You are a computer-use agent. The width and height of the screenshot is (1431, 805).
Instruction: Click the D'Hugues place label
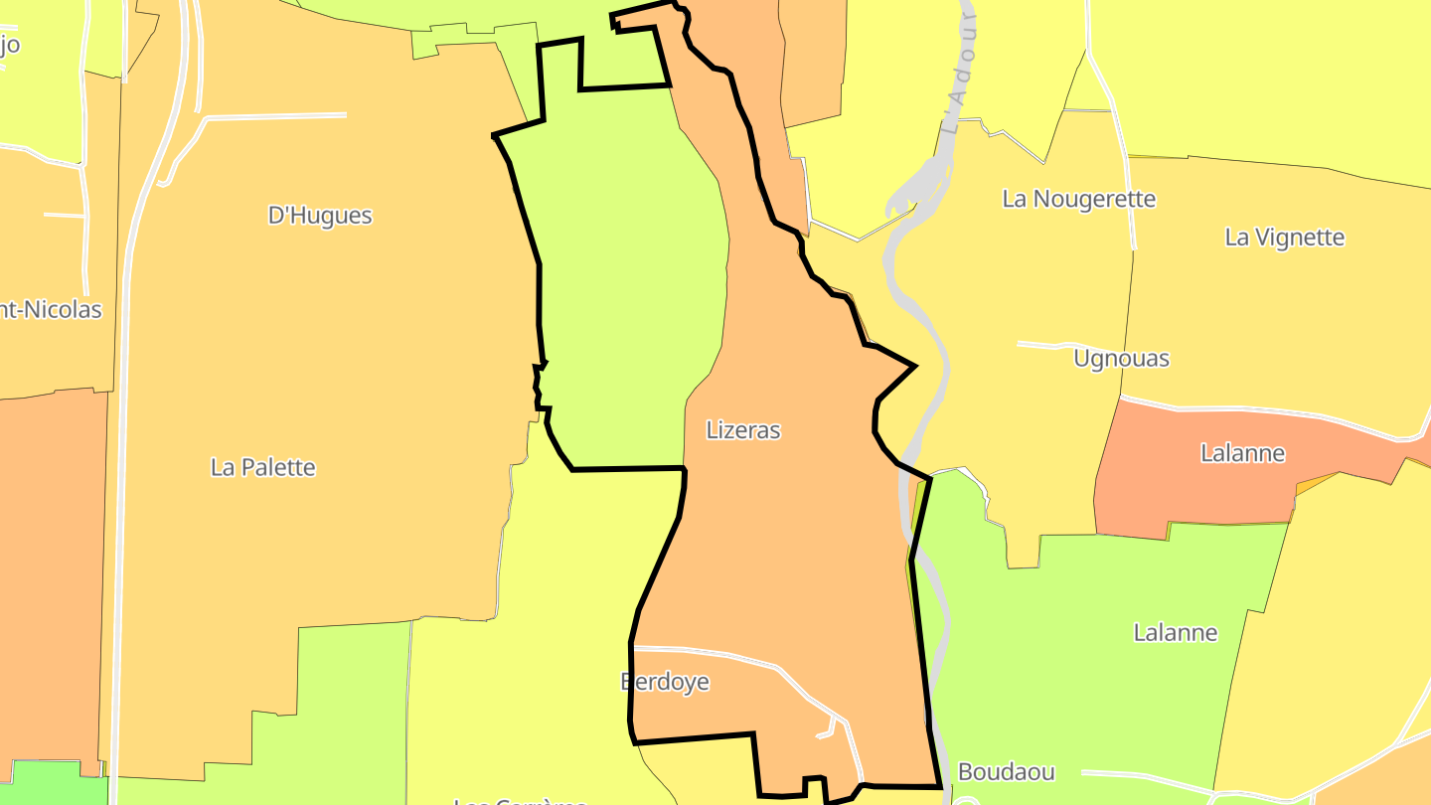pos(320,216)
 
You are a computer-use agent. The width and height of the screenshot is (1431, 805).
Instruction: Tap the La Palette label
pos(262,467)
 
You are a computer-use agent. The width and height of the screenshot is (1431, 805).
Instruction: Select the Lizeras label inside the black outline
pos(743,430)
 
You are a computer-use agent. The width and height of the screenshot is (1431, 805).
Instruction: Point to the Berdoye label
pos(664,682)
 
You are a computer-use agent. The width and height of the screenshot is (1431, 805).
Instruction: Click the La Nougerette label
pos(1078,199)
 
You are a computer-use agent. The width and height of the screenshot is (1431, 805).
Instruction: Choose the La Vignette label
pos(1284,238)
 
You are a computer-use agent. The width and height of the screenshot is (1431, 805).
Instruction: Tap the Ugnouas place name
pos(1121,359)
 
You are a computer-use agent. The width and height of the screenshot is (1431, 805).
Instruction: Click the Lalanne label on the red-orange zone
pos(1242,453)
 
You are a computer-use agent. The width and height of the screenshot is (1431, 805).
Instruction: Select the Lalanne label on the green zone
pos(1175,632)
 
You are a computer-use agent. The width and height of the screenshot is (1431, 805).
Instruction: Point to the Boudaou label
pos(1006,772)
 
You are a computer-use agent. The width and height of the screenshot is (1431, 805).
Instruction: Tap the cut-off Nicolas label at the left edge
pos(50,310)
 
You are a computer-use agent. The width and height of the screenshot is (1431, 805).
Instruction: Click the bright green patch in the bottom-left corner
pos(50,785)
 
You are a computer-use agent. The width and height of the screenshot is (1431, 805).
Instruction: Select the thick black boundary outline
pos(540,298)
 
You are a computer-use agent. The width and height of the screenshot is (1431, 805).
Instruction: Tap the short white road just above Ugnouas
pos(1043,345)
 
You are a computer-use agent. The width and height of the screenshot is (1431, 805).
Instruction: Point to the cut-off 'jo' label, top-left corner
pos(10,45)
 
